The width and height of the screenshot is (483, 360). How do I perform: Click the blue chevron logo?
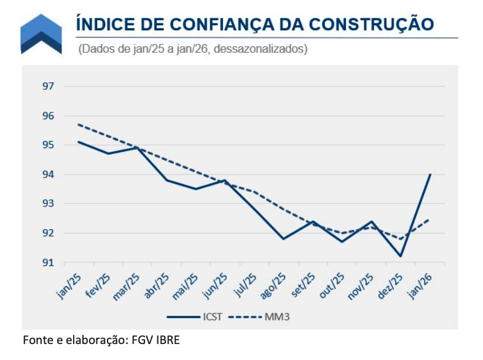coord(41,34)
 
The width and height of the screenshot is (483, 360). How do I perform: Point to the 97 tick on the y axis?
coord(48,87)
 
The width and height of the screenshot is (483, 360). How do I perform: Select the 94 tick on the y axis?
coord(48,174)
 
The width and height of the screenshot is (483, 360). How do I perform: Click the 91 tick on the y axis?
coord(48,262)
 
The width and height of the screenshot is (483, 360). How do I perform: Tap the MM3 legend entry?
coord(270,317)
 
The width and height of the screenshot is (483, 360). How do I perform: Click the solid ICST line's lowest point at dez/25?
coord(401,256)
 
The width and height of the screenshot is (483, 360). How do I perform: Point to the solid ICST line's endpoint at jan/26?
coord(430,174)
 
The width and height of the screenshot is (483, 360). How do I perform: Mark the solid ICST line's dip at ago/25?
coord(283,239)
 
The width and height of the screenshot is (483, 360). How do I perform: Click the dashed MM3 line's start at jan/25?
coord(78,124)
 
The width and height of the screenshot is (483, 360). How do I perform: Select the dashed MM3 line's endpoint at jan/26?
coord(430,219)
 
